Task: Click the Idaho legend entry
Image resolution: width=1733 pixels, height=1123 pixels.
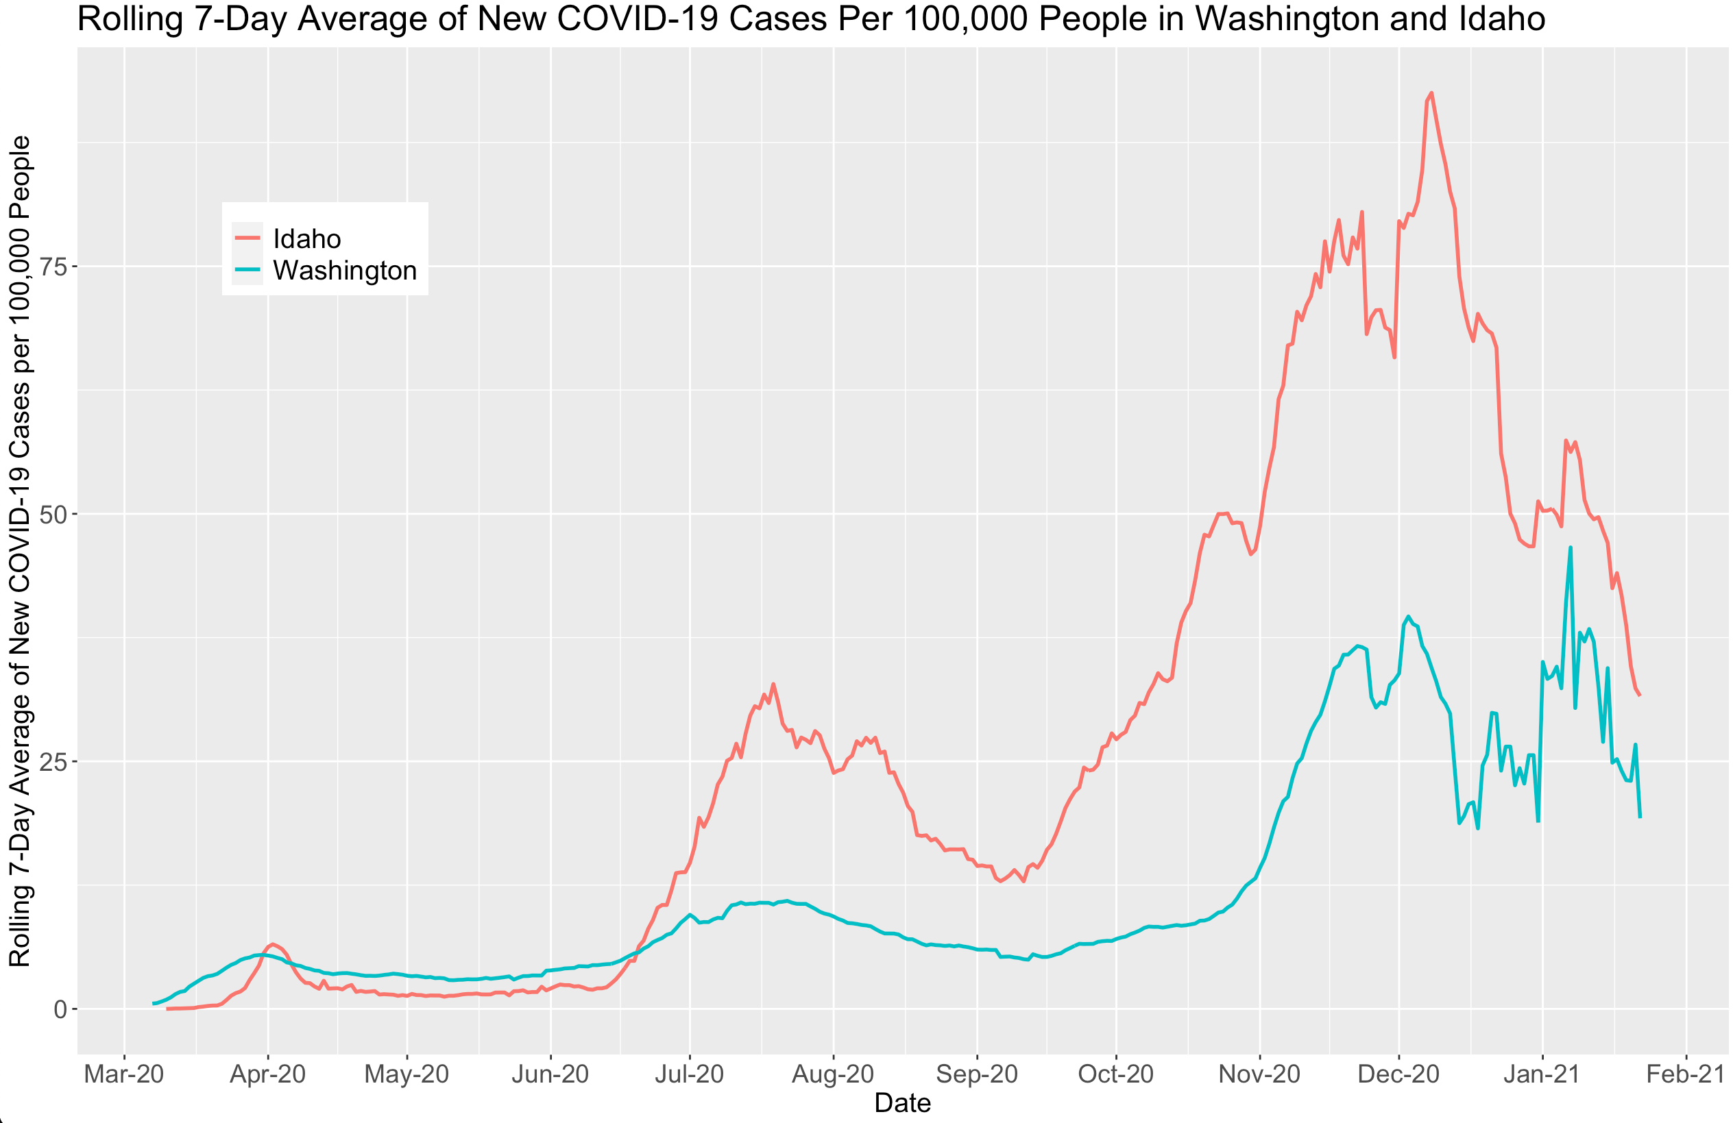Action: [306, 238]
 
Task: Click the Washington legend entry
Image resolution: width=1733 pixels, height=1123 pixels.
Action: [343, 270]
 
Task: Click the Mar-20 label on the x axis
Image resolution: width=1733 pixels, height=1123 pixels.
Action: [124, 1074]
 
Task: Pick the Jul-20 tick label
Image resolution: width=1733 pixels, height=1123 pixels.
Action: [689, 1074]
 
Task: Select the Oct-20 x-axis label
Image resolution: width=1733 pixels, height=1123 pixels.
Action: [1115, 1074]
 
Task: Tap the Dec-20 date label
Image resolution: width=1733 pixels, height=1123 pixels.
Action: [1398, 1074]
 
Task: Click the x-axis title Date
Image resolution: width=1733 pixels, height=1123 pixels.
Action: [902, 1102]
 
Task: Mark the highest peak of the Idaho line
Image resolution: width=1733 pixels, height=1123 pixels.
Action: [1431, 93]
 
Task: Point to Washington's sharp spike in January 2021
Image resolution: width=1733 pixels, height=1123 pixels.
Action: [1571, 547]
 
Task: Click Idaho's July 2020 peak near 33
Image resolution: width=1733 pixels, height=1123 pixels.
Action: [773, 684]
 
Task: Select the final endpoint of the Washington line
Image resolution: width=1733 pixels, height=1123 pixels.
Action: [1640, 817]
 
